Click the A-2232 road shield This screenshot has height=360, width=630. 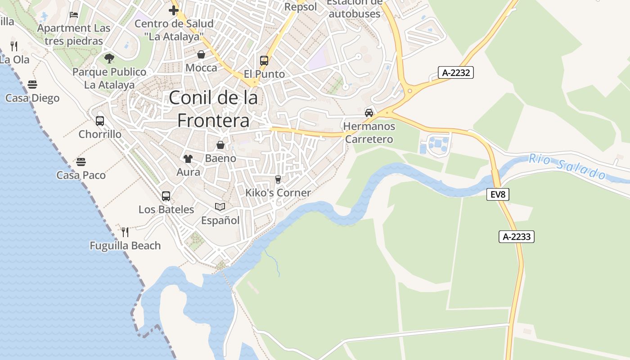pos(456,72)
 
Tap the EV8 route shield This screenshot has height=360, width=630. pos(498,194)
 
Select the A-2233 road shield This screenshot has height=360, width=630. pos(516,237)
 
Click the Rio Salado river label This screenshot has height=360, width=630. pos(567,166)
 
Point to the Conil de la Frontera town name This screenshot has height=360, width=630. pos(213,109)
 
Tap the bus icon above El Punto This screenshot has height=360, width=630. pos(264,61)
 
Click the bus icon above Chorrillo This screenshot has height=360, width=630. pos(100,121)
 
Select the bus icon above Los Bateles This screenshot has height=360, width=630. pos(166,196)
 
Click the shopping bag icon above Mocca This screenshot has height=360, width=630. pos(201,54)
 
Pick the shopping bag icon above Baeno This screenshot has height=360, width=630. pos(220,145)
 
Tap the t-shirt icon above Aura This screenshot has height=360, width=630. pos(188,158)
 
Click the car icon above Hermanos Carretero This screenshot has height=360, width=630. pos(369,112)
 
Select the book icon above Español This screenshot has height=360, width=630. pos(220,207)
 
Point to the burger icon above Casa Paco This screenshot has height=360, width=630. pos(81,162)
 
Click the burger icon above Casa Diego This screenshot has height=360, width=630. pos(32,84)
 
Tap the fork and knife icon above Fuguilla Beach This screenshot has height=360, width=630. pos(125,232)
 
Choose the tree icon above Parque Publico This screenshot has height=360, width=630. pos(109,58)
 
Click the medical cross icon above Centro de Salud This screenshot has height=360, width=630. pos(174,10)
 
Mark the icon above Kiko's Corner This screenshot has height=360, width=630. pos(278,180)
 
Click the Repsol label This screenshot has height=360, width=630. pos(301,7)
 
